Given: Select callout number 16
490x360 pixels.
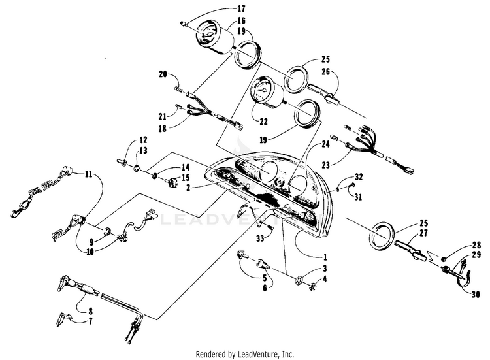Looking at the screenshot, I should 222,20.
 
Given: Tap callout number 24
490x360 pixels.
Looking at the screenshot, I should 325,143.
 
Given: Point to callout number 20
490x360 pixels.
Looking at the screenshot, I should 163,74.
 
